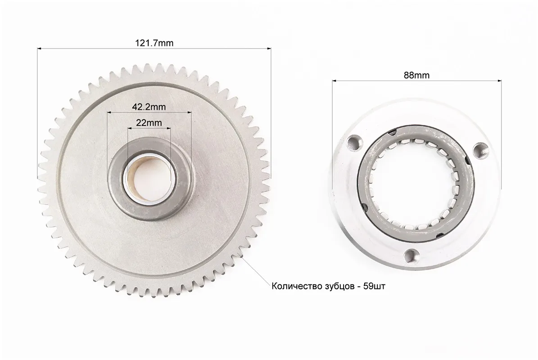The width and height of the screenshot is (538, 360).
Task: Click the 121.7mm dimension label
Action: click(154, 43)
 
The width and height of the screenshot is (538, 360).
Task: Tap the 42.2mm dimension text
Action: click(149, 107)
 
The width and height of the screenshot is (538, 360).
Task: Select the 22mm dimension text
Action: click(149, 122)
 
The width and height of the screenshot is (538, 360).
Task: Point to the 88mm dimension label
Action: click(416, 75)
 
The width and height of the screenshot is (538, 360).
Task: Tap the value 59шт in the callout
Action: click(374, 286)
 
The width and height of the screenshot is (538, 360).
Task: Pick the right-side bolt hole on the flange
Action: click(480, 150)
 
